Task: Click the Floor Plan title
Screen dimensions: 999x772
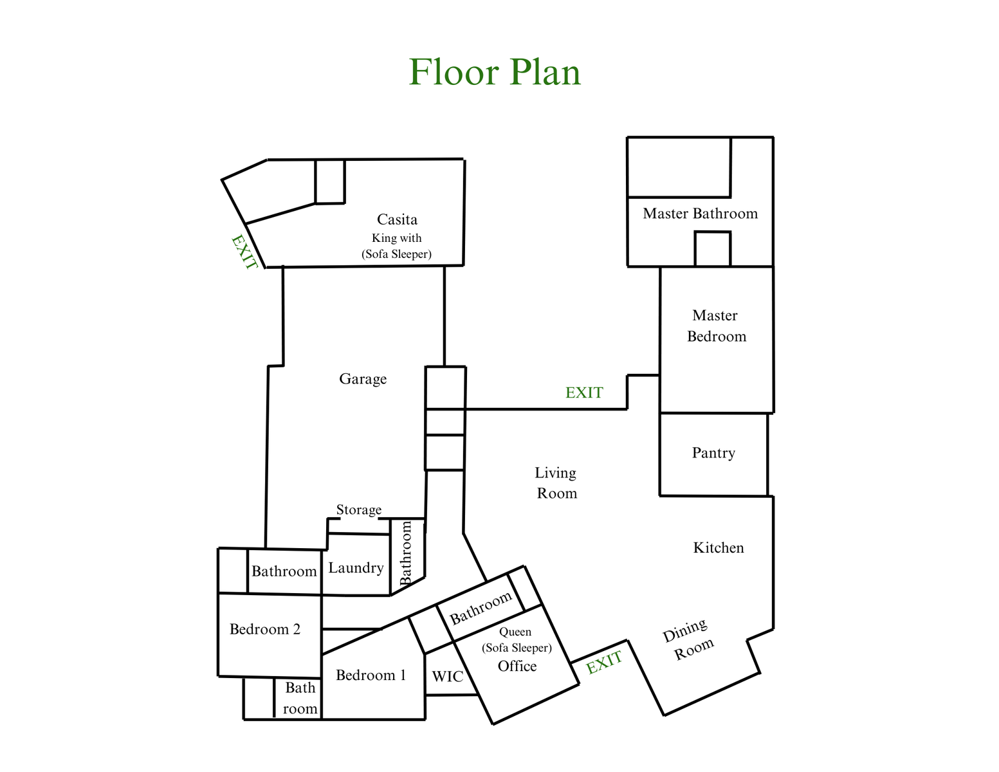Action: point(495,71)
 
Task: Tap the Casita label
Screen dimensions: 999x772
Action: point(397,219)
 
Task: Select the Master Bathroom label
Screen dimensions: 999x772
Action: point(700,214)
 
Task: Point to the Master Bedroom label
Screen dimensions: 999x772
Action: point(716,326)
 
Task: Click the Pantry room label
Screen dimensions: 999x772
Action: point(713,453)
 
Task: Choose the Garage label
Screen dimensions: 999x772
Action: point(363,379)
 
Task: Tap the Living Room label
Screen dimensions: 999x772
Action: point(556,482)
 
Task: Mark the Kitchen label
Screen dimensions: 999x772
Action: point(719,547)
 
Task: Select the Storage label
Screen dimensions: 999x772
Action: point(358,510)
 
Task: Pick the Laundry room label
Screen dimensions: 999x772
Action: point(356,568)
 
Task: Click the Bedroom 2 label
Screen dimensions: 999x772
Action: point(265,629)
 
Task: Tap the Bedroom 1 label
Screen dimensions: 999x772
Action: point(371,675)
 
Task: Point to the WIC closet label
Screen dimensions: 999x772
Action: point(447,676)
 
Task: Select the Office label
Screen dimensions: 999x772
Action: point(517,666)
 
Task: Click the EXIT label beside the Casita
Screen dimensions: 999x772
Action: point(244,252)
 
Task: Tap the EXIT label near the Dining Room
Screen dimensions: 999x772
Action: point(604,663)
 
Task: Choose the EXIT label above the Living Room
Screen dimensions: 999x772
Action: point(584,392)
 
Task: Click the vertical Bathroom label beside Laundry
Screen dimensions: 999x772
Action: point(406,553)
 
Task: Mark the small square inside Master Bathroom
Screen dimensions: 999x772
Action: point(713,249)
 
